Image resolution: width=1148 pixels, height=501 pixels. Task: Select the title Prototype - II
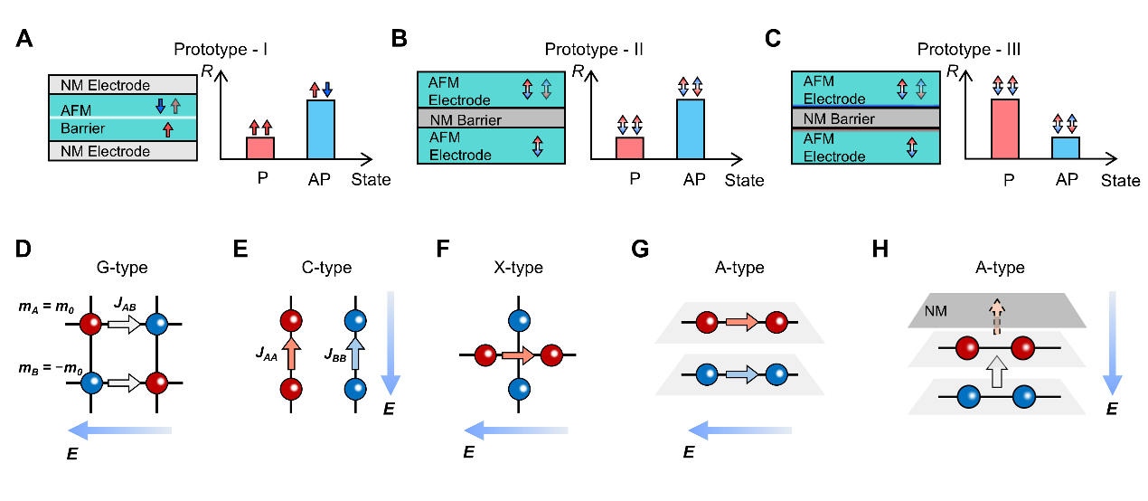594,49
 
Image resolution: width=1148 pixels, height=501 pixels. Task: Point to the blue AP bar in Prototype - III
1067,148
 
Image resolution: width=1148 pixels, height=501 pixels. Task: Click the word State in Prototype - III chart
1120,181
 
